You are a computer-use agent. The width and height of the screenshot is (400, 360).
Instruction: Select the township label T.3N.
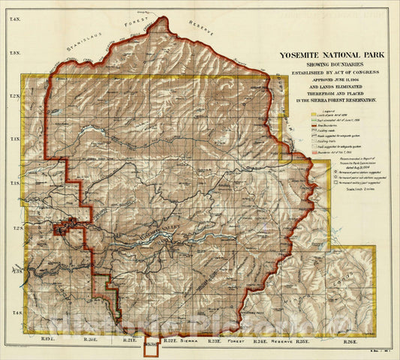(13, 54)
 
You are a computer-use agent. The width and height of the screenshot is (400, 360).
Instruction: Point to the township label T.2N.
(13, 97)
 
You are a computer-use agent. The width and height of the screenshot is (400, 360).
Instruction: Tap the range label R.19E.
(47, 341)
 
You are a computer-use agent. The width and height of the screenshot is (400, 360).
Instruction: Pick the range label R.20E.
(89, 341)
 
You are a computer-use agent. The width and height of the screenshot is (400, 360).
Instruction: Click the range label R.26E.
(349, 341)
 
